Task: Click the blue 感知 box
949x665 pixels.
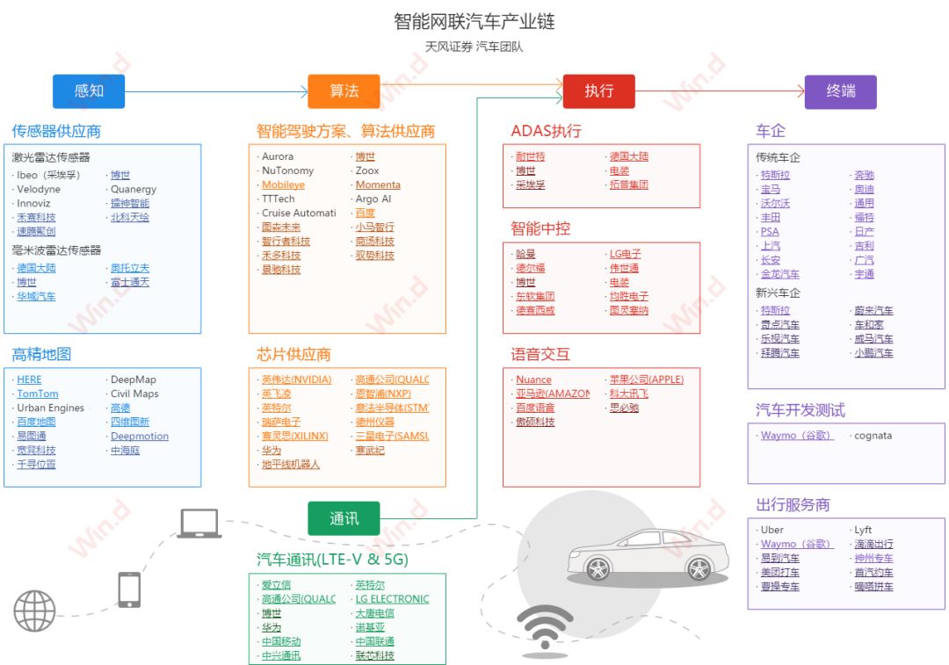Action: coord(89,91)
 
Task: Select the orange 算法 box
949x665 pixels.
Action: coord(344,91)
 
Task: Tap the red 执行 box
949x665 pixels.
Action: coord(598,91)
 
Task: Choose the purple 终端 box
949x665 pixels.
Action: coord(841,91)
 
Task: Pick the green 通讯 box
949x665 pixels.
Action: coord(344,518)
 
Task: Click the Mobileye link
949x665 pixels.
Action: coord(283,185)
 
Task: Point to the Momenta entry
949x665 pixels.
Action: coord(378,185)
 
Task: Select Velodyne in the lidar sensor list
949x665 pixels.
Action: coord(39,189)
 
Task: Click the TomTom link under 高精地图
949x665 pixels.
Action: coord(38,394)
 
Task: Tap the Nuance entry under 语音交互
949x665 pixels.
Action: coord(533,379)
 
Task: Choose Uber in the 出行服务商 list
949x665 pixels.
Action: coord(772,531)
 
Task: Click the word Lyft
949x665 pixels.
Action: coord(863,531)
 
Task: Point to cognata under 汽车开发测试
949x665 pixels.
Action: coord(873,436)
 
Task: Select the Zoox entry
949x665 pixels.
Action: coord(367,171)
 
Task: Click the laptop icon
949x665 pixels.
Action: coord(199,524)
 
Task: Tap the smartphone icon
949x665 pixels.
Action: coord(129,589)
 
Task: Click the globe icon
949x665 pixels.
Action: coord(34,611)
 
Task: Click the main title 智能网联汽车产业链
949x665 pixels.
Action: coord(474,21)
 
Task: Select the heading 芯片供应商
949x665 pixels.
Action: coord(293,355)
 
